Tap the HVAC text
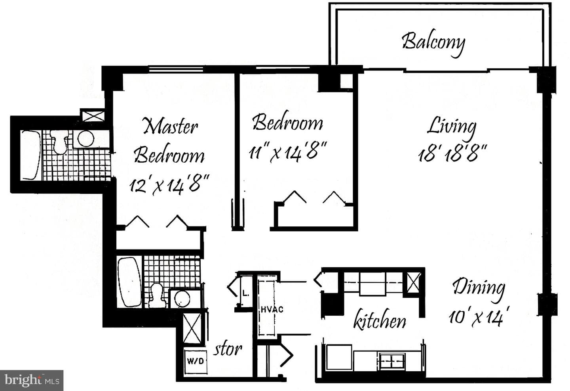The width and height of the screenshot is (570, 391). pos(272,309)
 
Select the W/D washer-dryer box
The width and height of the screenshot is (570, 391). pos(195,361)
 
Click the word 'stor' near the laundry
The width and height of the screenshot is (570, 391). pos(227,349)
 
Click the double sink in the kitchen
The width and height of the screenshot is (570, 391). pos(392,361)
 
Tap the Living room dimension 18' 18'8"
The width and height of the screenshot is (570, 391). pos(452,153)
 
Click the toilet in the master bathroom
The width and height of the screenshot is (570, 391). pos(59,142)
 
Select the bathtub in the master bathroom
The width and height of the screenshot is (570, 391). pos(30,155)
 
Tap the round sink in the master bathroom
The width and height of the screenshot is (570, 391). pos(85,139)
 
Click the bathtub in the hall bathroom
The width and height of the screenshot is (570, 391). pos(129,282)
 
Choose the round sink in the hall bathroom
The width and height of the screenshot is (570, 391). pos(182,299)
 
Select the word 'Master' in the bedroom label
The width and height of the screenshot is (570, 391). pos(170,126)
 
